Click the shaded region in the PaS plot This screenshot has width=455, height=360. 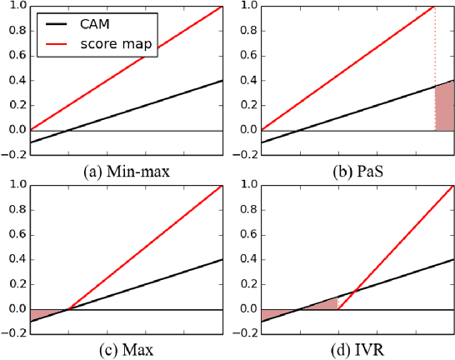click(x=445, y=108)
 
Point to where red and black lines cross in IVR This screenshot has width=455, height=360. click(x=355, y=289)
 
